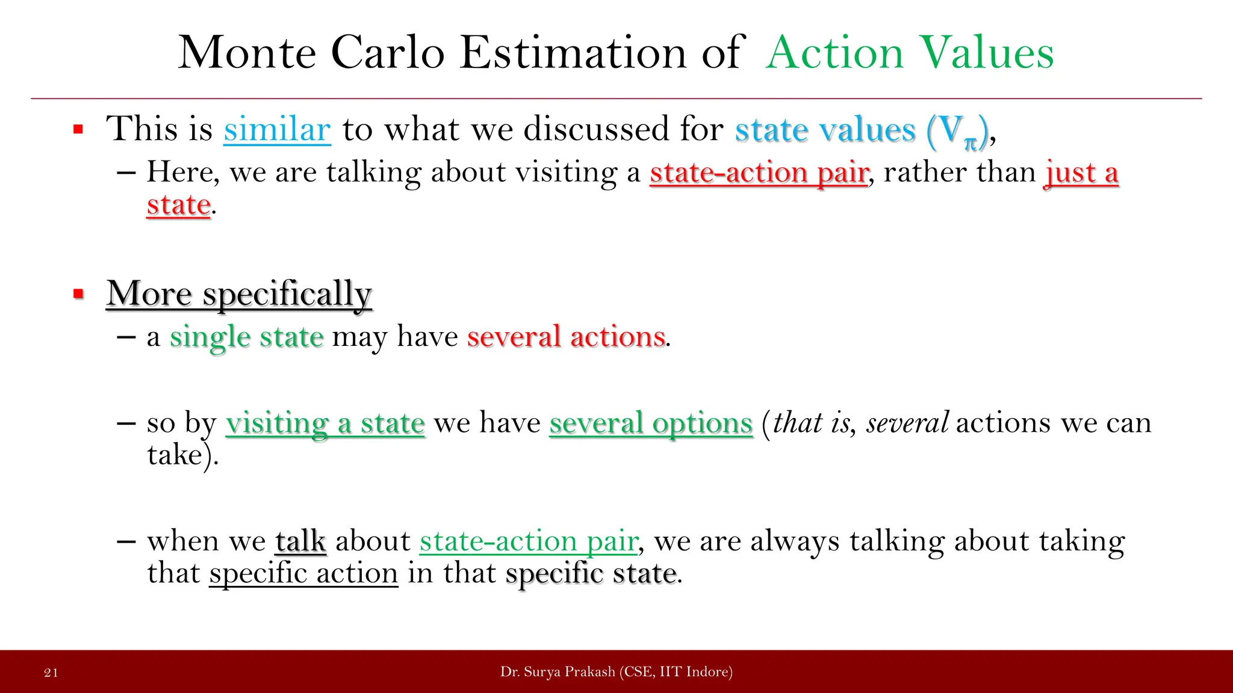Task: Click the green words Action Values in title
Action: coord(909,53)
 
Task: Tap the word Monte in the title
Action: coord(247,53)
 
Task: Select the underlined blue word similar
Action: coord(277,129)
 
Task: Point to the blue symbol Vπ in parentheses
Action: coord(957,131)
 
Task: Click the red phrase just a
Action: coord(1081,173)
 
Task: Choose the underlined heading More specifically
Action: coord(239,294)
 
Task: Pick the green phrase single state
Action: coord(247,337)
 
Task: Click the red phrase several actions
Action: coord(566,337)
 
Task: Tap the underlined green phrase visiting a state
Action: coord(325,423)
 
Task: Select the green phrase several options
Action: coord(651,423)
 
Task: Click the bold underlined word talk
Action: coord(301,541)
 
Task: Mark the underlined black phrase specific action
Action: coord(303,573)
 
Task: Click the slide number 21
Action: coord(51,673)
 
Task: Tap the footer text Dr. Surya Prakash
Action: coord(557,672)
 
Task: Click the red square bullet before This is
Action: coord(78,129)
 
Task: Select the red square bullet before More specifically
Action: coord(78,294)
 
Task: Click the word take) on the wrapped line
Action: coord(182,455)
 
